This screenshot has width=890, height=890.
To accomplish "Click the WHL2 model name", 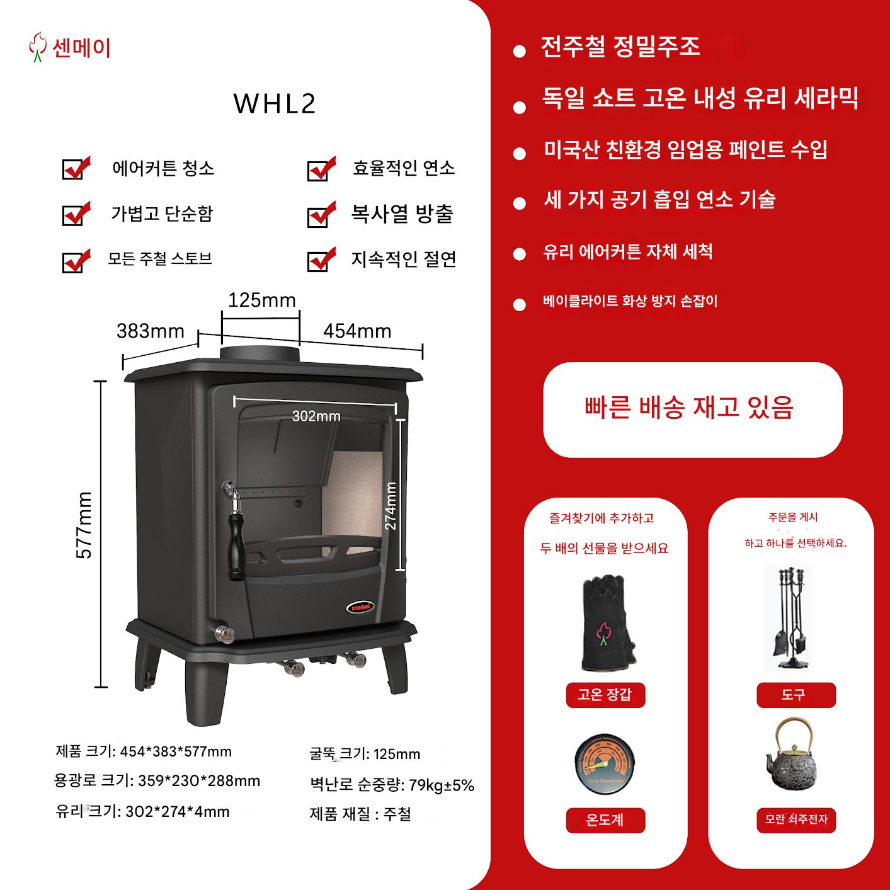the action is [275, 103].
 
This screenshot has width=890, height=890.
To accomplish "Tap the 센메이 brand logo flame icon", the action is [37, 47].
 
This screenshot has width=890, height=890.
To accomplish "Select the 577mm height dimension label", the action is [84, 525].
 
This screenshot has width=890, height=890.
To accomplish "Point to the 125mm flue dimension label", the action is [262, 300].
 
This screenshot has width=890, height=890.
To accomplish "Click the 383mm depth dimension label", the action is [151, 331].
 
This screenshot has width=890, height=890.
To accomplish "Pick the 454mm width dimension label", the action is [358, 331].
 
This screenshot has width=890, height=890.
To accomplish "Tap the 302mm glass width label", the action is [316, 416].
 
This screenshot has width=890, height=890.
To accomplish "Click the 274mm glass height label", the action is [391, 506].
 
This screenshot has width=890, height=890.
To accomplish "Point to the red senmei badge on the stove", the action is [361, 607].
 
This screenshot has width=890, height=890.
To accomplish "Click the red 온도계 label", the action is [605, 820].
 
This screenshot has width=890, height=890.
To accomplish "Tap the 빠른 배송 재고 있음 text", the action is [689, 408].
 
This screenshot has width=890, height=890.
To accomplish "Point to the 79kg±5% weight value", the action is [442, 785].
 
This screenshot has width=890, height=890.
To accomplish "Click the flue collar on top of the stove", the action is [260, 354].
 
